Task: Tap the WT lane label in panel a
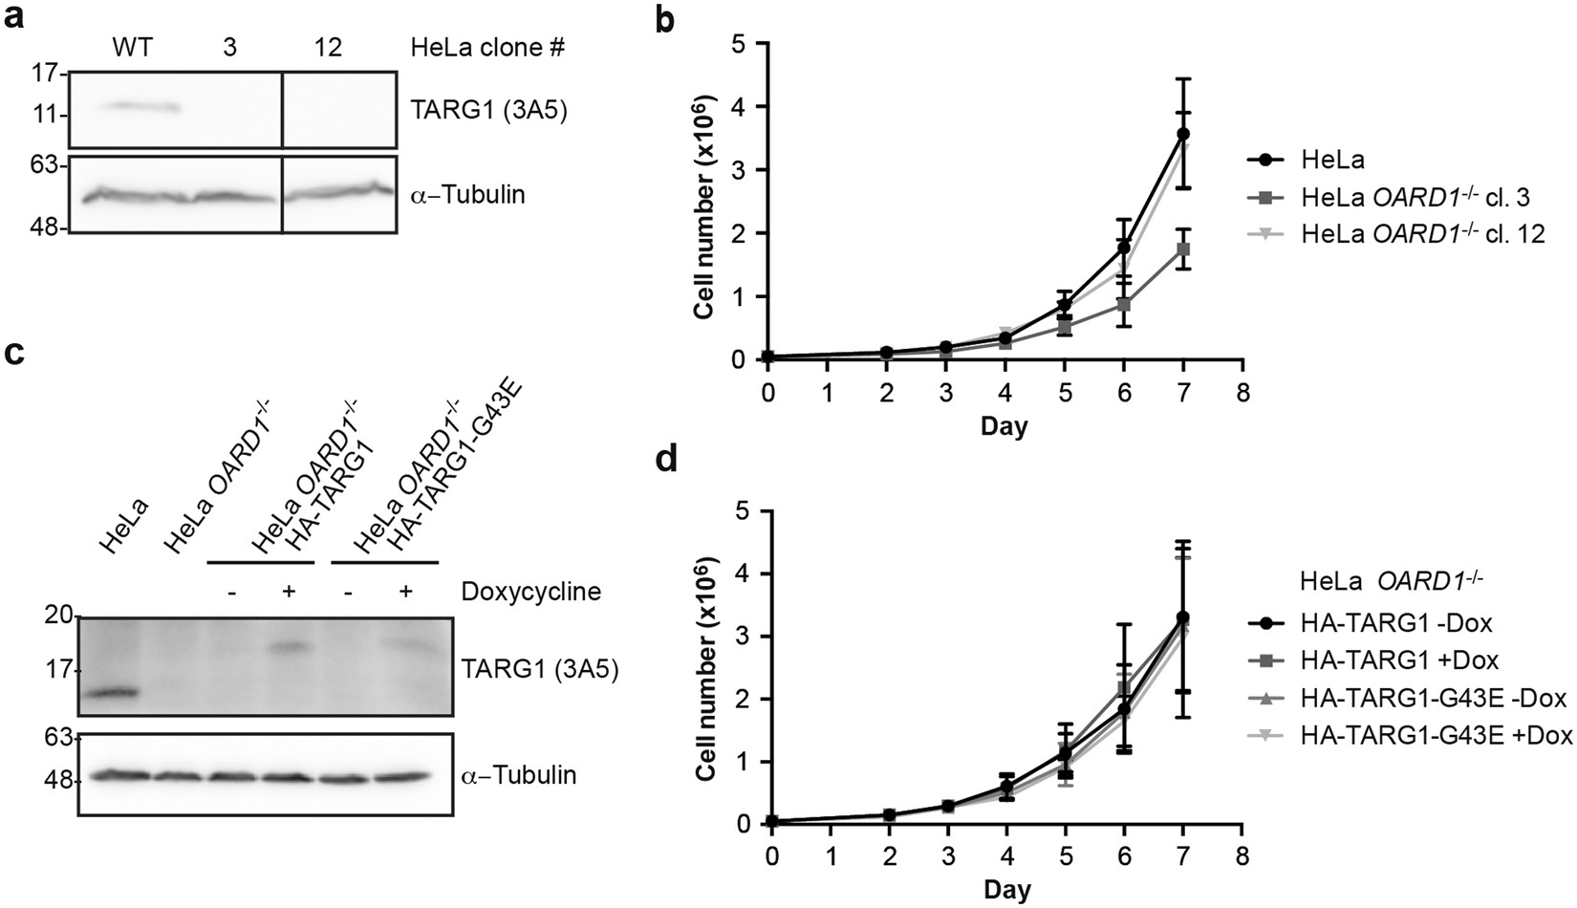tap(132, 48)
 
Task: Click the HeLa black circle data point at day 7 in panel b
tap(1182, 134)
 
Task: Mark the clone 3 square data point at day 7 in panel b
tap(1182, 249)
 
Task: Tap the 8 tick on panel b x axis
tap(1242, 393)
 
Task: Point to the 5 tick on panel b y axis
tap(737, 43)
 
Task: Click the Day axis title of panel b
tap(1004, 425)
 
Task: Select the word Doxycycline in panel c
tap(530, 592)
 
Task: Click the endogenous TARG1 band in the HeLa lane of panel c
tap(106, 692)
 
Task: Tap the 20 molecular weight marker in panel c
tap(58, 617)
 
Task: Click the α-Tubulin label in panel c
tap(519, 775)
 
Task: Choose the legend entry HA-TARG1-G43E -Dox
tap(1435, 699)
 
